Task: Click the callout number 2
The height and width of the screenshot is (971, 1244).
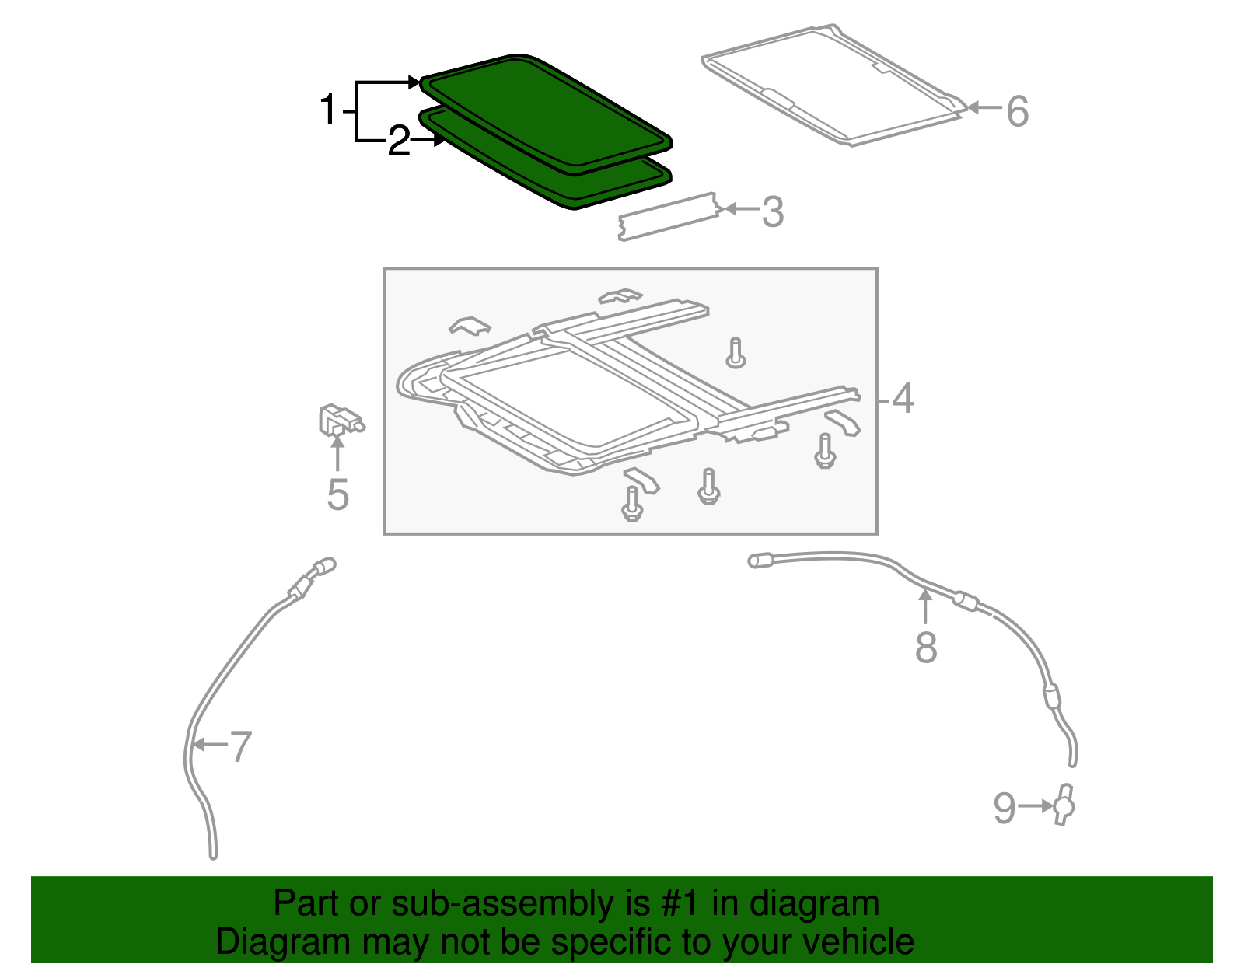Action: click(x=398, y=142)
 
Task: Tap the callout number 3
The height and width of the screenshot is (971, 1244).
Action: click(x=772, y=211)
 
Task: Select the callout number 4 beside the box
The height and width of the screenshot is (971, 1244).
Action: click(x=903, y=399)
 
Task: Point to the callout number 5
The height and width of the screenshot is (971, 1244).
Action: click(x=337, y=494)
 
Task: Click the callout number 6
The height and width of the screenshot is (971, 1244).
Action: click(x=1017, y=111)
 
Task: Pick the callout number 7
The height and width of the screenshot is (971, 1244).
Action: click(x=241, y=746)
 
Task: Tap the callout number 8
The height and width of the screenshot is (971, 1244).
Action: click(x=925, y=647)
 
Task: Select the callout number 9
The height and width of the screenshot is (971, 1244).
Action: click(x=1004, y=809)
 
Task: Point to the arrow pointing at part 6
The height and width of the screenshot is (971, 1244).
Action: click(x=983, y=108)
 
